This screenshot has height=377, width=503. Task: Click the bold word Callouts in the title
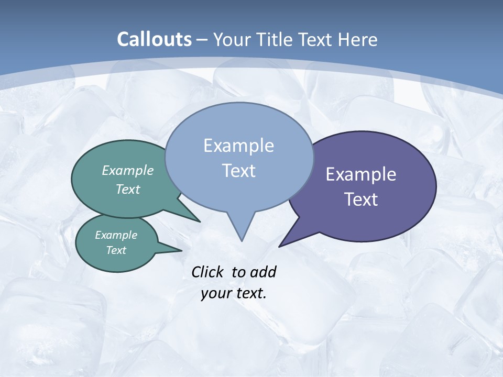[154, 39]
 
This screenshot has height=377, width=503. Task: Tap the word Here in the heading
[358, 39]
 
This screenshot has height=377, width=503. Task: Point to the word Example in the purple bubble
[361, 174]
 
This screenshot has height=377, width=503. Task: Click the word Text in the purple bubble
[361, 199]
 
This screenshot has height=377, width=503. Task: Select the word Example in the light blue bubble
[238, 146]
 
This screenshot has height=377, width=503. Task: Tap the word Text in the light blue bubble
[238, 171]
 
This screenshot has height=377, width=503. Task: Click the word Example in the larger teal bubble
[128, 170]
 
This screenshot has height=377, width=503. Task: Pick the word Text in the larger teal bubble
[128, 189]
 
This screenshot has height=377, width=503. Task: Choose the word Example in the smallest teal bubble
[116, 235]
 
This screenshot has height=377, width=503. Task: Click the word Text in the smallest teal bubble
[116, 250]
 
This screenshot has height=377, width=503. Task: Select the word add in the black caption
[263, 272]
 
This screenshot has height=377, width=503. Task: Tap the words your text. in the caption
[234, 293]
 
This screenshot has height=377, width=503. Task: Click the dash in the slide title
[203, 40]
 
